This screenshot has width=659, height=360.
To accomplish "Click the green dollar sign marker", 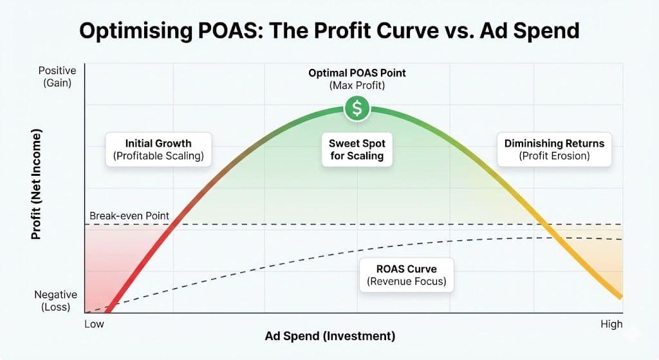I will point(357,109).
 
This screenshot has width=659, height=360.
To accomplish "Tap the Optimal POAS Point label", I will point(357,73).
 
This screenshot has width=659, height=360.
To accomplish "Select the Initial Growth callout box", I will point(158,149).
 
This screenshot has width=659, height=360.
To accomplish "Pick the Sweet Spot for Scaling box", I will point(357,149).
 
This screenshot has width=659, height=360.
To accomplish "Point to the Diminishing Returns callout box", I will point(554,149).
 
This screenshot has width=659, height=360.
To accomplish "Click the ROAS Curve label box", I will point(406,275).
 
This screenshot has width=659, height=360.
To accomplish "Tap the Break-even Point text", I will point(129,216).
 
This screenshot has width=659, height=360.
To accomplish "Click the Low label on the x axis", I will point(94,323).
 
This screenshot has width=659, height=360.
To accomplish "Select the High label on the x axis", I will point(611,323).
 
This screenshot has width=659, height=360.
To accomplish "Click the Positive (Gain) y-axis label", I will point(57,76).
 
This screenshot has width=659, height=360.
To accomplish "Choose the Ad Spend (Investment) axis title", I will point(330,336).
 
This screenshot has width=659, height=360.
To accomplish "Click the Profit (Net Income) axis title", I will point(36,184).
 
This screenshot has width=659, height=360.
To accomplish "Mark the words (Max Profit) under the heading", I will point(357,85).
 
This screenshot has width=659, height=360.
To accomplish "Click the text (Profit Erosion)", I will point(554,155).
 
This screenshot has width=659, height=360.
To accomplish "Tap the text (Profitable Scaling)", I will point(158,155).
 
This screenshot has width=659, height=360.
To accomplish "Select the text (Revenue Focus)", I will point(406,281).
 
